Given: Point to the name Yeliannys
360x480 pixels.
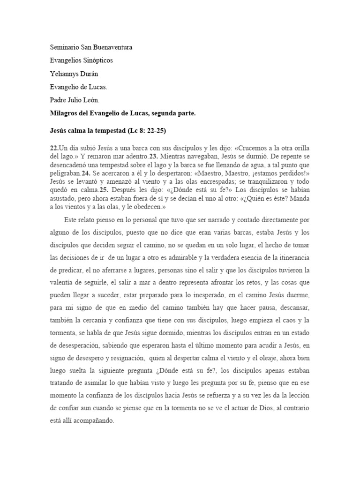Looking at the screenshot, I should (65, 74).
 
